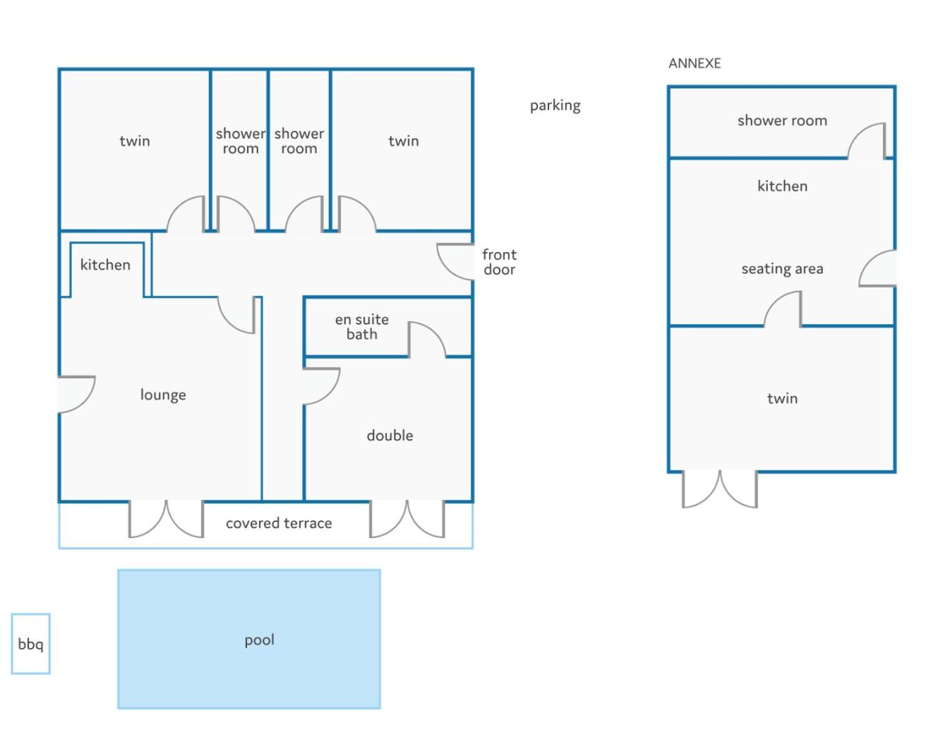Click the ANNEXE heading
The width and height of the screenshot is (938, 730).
click(695, 64)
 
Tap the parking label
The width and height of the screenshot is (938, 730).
click(555, 105)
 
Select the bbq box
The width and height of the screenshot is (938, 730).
click(30, 643)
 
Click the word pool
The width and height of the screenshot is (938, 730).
click(260, 640)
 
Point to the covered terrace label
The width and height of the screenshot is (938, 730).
click(279, 523)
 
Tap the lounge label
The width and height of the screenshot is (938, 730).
click(163, 395)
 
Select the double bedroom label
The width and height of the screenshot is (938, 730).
click(390, 435)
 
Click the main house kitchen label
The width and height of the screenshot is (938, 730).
click(105, 265)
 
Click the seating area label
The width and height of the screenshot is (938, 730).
click(782, 269)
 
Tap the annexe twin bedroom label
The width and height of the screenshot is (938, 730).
click(782, 398)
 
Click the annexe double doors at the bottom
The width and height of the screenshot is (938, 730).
click(720, 489)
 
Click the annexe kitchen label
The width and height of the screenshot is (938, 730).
click(782, 186)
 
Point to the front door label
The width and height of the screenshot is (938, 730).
click(500, 262)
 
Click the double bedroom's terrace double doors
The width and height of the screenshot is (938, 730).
click(407, 518)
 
